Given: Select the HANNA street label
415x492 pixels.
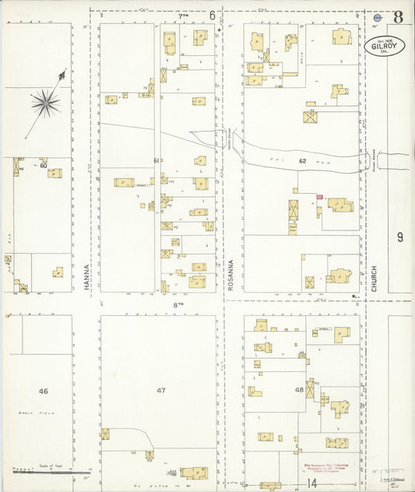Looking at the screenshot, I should tap(86, 276).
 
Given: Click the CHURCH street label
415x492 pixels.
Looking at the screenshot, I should tap(375, 278).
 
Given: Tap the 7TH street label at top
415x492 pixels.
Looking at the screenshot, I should tap(184, 16).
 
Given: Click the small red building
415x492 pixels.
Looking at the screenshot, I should tap(318, 198).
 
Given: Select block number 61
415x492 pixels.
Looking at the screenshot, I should tap(157, 161).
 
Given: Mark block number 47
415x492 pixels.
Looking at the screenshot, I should tap(161, 391).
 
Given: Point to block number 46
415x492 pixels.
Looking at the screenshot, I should tap(44, 391).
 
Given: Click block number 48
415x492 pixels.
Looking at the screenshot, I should tap(298, 390).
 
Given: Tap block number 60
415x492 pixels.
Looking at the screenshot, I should tap(44, 165).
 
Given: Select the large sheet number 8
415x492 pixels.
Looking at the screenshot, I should tap(398, 17).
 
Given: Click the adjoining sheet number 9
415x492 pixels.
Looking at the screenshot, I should tap(399, 237).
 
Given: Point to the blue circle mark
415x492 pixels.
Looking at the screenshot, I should tap(378, 17).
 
